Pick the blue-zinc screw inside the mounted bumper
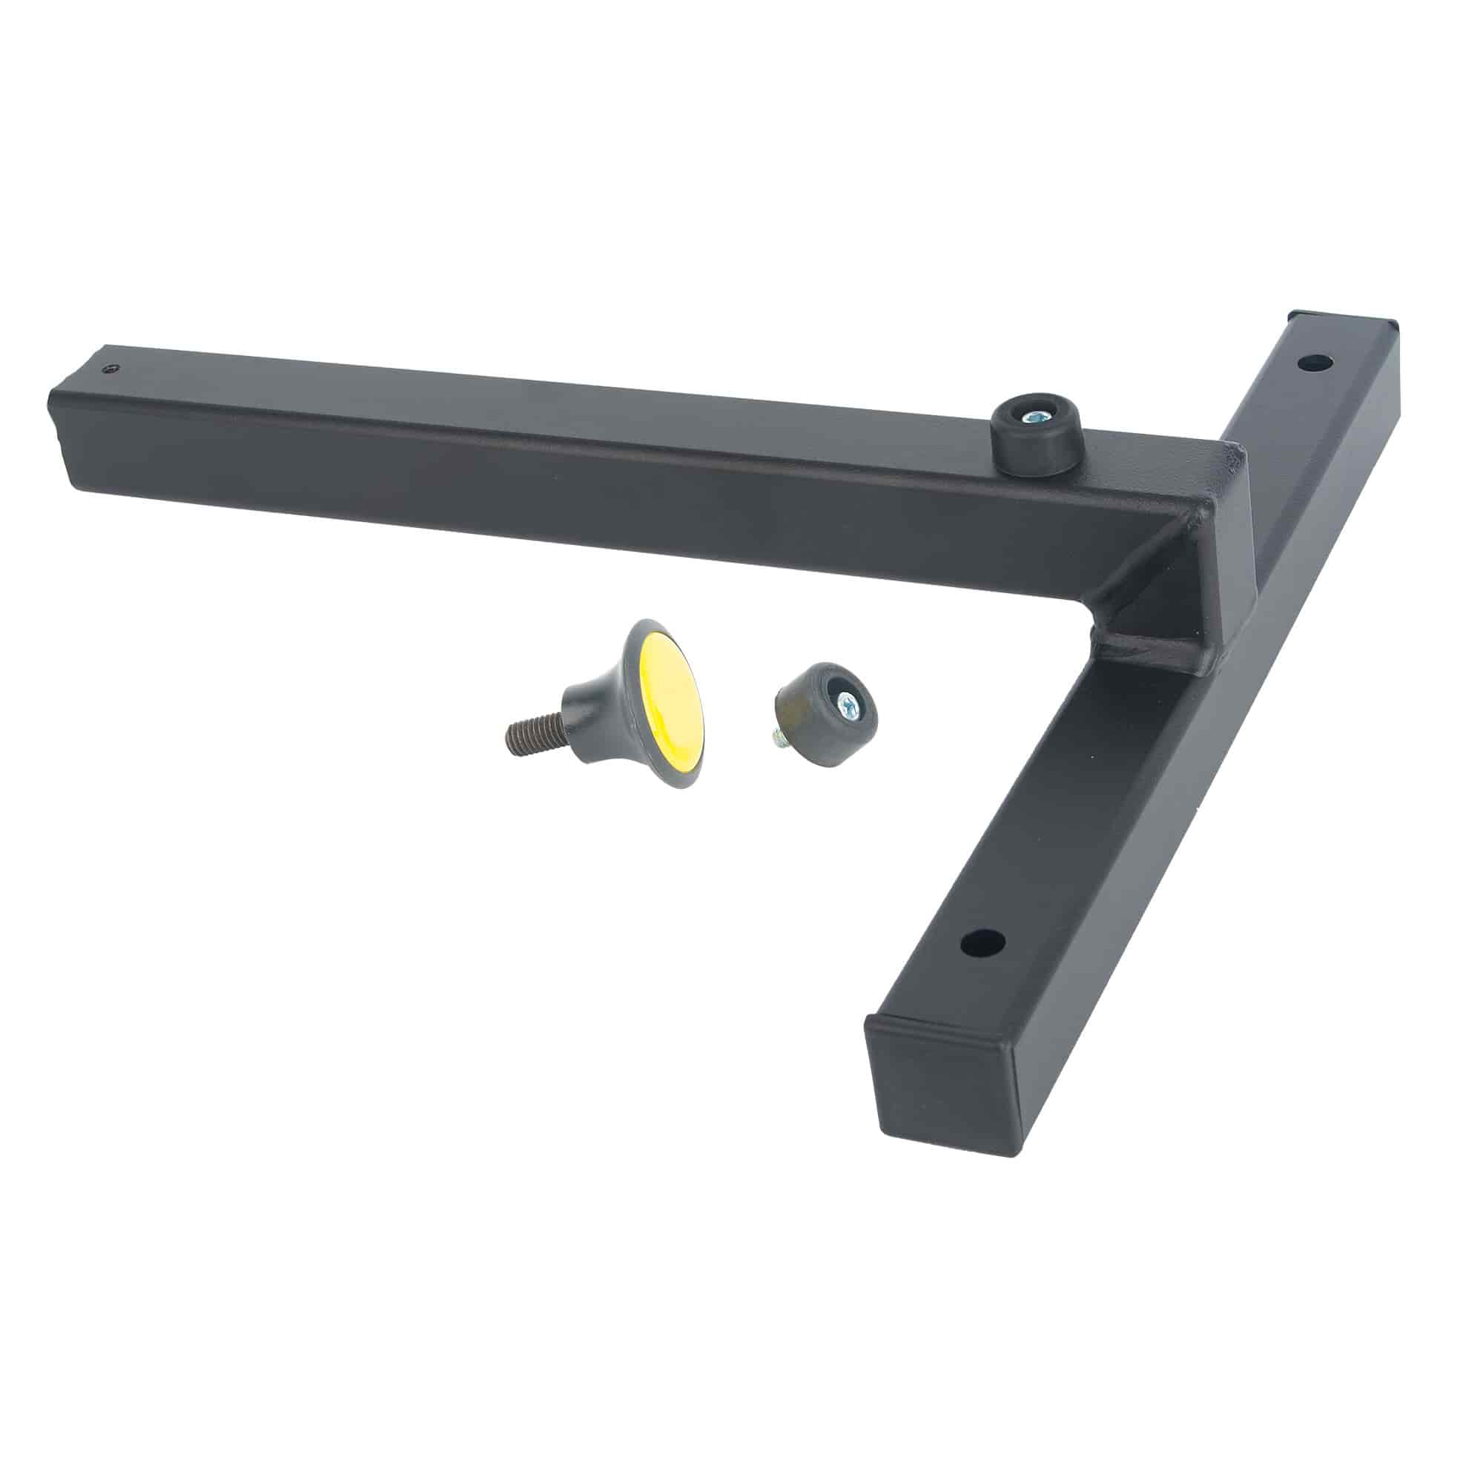click(x=1033, y=417)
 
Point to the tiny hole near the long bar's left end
click(x=113, y=369)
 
